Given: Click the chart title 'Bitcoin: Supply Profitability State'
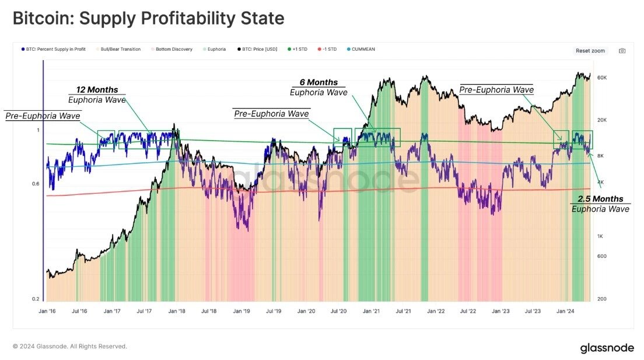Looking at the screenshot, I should (x=148, y=18).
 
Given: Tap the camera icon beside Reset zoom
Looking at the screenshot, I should (x=622, y=51).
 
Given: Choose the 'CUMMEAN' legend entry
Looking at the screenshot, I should (x=363, y=49).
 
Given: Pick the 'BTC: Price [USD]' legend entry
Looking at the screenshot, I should (x=255, y=49).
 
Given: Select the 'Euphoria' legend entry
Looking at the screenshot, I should (x=215, y=49).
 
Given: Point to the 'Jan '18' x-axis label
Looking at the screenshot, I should (x=177, y=312).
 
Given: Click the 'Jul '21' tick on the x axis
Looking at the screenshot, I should (x=402, y=312).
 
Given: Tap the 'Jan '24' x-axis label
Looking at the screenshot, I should (x=565, y=312).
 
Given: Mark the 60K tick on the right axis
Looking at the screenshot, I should (x=603, y=78).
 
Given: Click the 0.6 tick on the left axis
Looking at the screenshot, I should (x=36, y=184).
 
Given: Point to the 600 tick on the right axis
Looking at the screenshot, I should (x=602, y=257).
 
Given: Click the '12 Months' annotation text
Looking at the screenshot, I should (x=97, y=90).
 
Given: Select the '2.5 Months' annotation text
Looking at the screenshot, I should (x=600, y=199).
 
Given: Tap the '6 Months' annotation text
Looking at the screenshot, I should (x=318, y=82).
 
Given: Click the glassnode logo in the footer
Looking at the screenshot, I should (x=607, y=348).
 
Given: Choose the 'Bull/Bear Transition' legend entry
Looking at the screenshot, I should (x=120, y=49).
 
